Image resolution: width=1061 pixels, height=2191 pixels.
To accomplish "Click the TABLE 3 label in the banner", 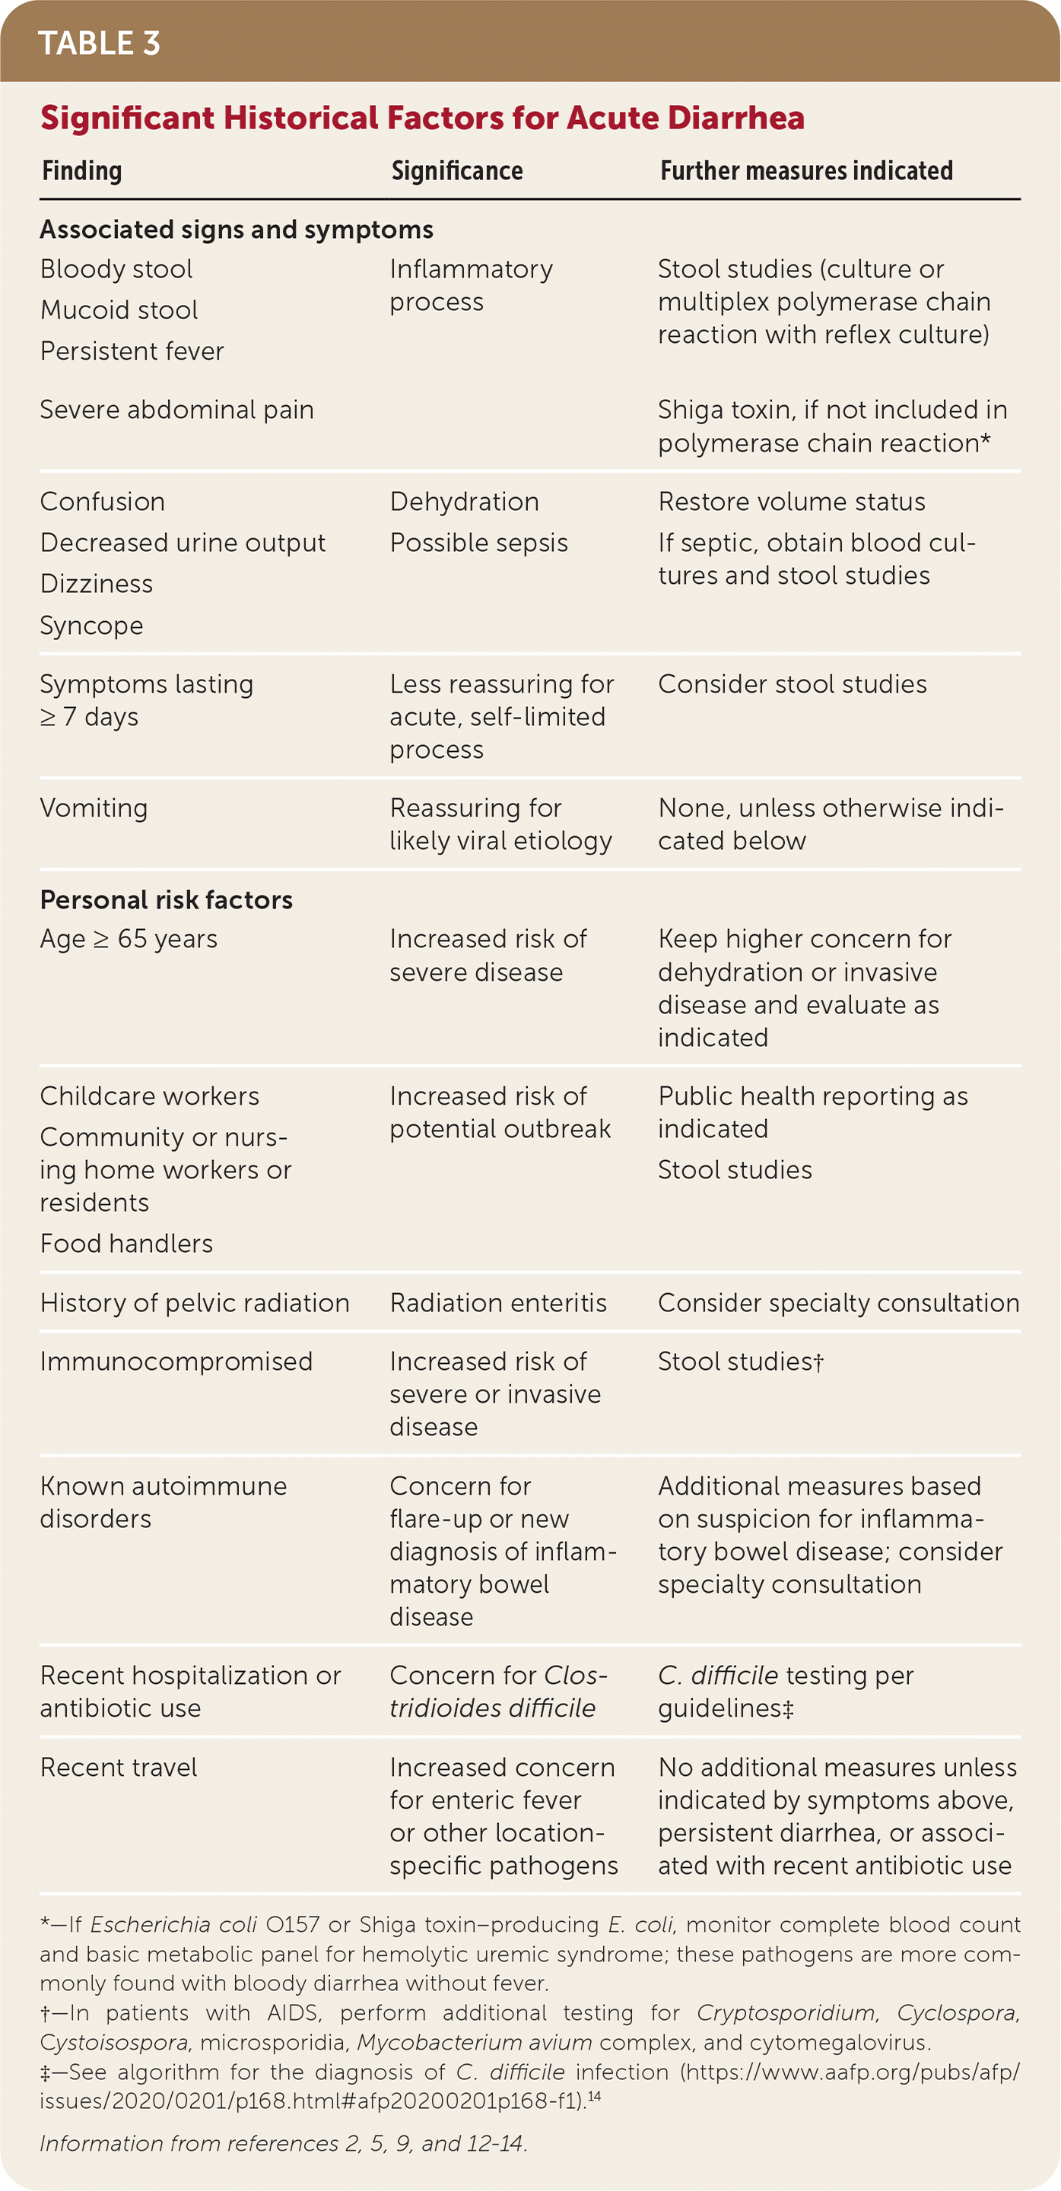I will (99, 43).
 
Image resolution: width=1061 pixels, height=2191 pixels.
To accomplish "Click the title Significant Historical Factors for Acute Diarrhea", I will (422, 117).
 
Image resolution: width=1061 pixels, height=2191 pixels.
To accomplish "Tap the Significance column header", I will (457, 171).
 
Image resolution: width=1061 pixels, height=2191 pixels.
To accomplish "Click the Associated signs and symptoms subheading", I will (237, 230).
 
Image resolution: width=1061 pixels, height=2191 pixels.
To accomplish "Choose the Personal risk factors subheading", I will (166, 900).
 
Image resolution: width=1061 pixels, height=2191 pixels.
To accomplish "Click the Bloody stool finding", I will (116, 269).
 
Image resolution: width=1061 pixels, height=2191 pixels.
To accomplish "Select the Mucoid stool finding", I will (119, 309).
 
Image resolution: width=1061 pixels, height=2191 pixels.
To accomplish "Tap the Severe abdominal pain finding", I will (177, 410).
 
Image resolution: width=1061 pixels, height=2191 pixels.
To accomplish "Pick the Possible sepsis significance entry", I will (478, 543).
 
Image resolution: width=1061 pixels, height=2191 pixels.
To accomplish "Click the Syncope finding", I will (91, 625).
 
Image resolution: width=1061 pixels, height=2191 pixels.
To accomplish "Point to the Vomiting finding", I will (94, 808).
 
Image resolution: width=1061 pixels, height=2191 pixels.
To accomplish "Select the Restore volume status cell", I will (791, 502).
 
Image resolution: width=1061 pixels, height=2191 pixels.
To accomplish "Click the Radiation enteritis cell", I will (497, 1303).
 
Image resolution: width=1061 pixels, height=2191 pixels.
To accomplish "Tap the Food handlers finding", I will (126, 1244).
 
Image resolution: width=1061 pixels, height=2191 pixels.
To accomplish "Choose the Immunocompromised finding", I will (176, 1362).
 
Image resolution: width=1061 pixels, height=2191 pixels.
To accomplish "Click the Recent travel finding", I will (118, 1768).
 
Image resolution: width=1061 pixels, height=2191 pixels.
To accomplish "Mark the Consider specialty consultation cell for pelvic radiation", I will (838, 1303).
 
